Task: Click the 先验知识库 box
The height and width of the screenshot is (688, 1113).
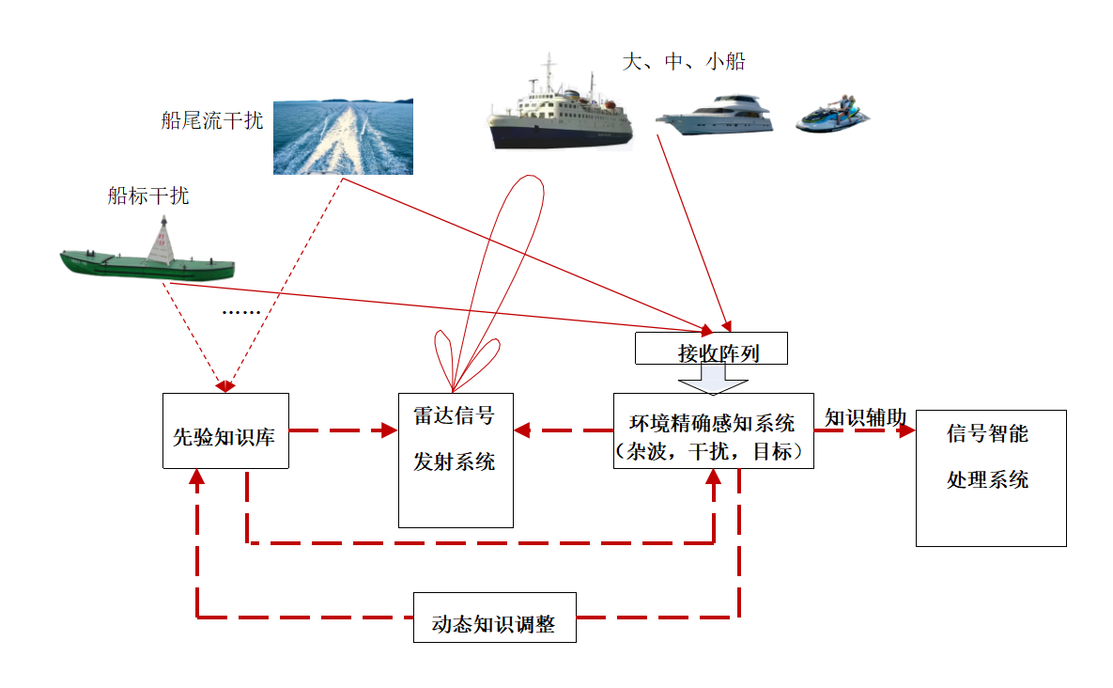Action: (225, 431)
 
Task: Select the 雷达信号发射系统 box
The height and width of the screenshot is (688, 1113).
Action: (456, 461)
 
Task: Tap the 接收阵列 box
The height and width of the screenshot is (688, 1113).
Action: (711, 348)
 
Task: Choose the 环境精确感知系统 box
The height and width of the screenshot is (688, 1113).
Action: (714, 431)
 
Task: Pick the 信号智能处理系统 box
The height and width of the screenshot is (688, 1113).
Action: (991, 477)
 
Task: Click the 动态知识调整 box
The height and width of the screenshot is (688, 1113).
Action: (495, 618)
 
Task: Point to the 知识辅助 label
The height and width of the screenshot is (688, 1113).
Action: (865, 417)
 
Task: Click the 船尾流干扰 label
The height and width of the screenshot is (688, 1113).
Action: (211, 120)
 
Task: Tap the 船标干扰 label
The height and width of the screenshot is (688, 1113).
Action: (148, 195)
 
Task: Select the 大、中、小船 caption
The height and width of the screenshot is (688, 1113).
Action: (684, 62)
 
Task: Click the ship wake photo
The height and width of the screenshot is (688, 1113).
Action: (343, 136)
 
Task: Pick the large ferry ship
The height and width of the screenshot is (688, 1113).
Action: (560, 105)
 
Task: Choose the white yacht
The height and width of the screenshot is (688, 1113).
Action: (714, 114)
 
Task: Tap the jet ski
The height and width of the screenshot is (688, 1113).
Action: (832, 114)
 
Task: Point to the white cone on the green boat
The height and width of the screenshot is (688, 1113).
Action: (162, 241)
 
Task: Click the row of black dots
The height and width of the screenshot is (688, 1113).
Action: (241, 312)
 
